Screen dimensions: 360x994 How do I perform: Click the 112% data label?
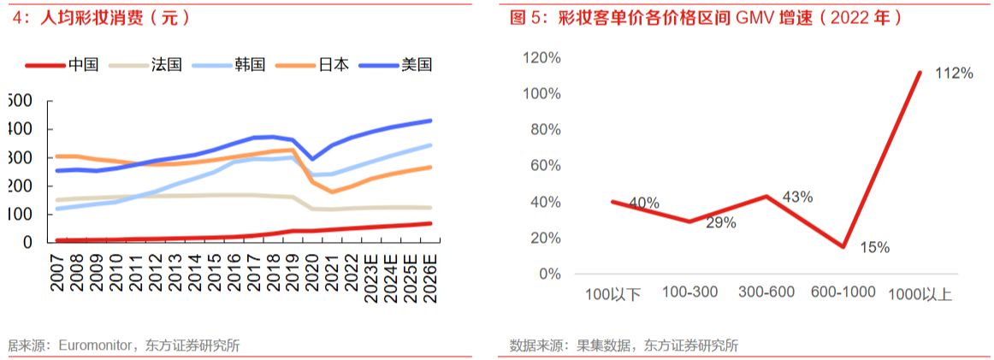point(954,74)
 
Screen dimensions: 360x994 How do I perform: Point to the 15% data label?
point(873,248)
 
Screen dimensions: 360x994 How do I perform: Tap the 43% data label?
point(796,197)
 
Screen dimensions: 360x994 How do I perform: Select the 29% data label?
point(721,222)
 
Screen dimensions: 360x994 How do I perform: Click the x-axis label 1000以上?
point(920,294)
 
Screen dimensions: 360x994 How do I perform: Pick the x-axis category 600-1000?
point(843,292)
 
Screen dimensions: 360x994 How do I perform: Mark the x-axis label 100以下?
point(613,294)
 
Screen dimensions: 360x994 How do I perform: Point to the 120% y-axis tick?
point(541,57)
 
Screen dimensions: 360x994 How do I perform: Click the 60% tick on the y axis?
point(544,166)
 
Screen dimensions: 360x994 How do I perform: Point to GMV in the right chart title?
point(754,17)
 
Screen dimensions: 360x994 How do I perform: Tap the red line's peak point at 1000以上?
point(920,73)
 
